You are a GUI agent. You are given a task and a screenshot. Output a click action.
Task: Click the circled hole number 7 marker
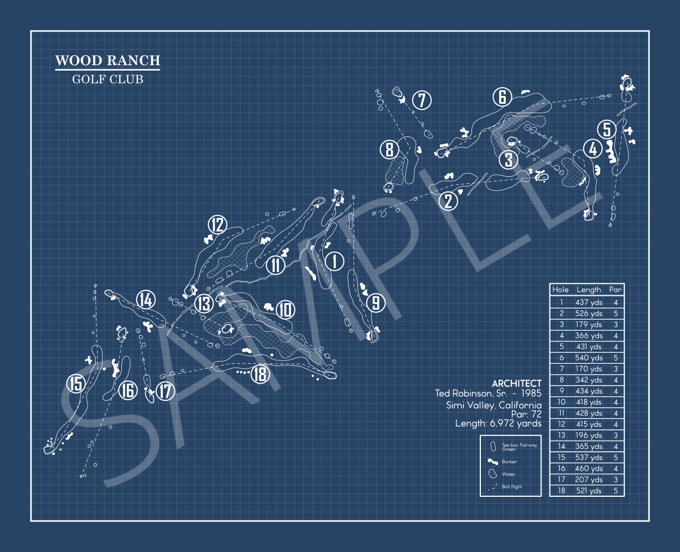coord(422,100)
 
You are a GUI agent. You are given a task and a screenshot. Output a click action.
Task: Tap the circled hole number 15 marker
coord(76,383)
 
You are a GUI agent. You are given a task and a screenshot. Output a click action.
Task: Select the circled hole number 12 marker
coord(217,225)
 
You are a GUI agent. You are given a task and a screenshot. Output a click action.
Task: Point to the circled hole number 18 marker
coord(260,374)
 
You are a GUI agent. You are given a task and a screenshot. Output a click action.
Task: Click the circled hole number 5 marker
coord(607,129)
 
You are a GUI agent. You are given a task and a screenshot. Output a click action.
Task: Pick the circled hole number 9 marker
coord(376,302)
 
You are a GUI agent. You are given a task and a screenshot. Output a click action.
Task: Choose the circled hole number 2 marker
coord(448,200)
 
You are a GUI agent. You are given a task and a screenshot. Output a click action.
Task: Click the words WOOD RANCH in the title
coord(108,61)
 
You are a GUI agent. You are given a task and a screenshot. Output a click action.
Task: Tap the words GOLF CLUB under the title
coord(108,79)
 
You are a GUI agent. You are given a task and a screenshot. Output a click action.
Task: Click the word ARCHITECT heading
coord(517,383)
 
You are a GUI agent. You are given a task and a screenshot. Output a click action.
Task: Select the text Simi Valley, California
coord(494,405)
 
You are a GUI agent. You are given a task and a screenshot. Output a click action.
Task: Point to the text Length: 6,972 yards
coord(498,423)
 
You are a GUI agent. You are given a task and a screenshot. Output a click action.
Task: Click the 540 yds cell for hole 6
coord(588,358)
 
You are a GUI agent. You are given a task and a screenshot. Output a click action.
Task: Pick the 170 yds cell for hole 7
coord(588,369)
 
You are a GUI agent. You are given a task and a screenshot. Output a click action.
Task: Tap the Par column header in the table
coord(615,289)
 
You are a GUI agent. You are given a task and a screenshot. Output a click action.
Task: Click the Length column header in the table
coord(588,289)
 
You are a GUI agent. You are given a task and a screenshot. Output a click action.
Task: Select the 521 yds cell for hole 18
coord(588,491)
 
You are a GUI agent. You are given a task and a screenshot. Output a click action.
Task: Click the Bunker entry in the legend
coord(509,461)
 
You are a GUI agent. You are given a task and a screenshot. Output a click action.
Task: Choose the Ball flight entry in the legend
coord(511,487)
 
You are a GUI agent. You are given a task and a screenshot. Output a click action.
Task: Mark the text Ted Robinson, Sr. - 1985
coord(488,394)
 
